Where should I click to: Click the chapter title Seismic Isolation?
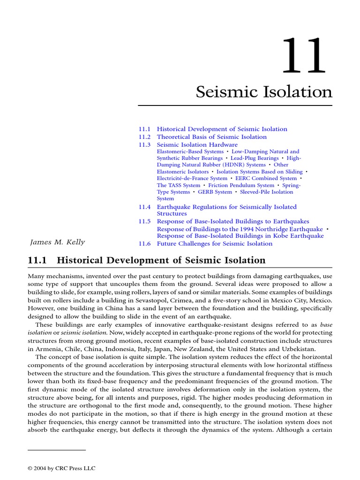[x=264, y=92]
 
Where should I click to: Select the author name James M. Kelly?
[x=57, y=242]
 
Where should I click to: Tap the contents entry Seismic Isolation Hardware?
[x=197, y=144]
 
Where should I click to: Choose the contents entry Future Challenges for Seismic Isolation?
[x=214, y=243]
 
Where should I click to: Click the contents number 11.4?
[x=145, y=207]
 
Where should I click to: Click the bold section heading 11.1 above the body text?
[x=147, y=260]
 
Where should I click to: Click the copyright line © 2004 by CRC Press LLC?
[x=61, y=468]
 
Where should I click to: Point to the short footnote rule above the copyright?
[x=57, y=450]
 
